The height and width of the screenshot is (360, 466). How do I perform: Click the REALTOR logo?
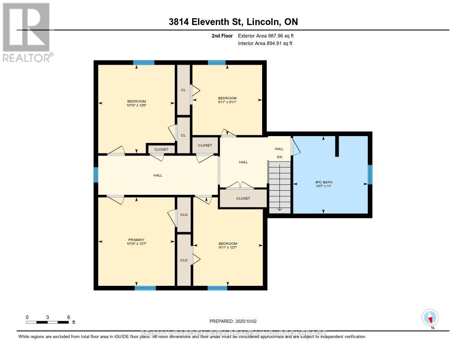(x=26, y=32)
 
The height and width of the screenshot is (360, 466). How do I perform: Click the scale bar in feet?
(x=47, y=322)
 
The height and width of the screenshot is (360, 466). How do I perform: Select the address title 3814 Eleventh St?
(x=233, y=21)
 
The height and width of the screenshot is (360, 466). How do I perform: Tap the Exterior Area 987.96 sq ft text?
(x=269, y=36)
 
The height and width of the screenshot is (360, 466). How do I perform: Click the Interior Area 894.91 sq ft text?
(x=265, y=44)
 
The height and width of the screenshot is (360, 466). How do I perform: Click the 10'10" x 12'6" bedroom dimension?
(x=136, y=106)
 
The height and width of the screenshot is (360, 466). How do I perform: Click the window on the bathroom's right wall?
(x=370, y=175)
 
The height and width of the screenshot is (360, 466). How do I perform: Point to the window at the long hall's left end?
(x=96, y=175)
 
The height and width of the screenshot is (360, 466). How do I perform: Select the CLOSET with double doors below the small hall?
(x=243, y=198)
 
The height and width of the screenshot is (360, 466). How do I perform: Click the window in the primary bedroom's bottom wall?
(x=145, y=288)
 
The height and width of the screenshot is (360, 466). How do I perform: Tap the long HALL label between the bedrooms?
(x=157, y=175)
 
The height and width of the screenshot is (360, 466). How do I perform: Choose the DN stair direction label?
(x=280, y=157)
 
